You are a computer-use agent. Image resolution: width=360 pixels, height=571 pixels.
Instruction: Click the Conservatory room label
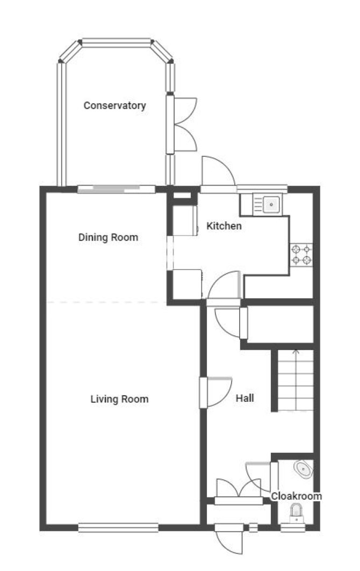(x=115, y=106)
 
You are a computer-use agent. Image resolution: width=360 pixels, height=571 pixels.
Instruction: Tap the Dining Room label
(x=108, y=237)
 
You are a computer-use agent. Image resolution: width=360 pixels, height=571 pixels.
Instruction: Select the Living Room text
(x=119, y=399)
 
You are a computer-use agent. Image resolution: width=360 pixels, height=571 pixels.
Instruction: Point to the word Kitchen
(x=224, y=226)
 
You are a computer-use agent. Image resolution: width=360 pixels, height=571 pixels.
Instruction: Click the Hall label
(x=245, y=398)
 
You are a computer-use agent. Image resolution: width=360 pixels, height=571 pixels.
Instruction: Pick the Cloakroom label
(x=297, y=496)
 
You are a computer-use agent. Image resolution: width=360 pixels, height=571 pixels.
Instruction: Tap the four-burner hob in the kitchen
(x=301, y=255)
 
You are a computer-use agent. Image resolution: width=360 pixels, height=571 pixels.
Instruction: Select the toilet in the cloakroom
(x=297, y=513)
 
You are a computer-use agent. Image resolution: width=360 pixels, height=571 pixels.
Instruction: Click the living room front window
(x=118, y=527)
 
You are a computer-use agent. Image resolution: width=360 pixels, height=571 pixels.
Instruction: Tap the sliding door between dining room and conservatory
(x=117, y=189)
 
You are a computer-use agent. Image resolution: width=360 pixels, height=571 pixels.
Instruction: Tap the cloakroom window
(x=293, y=527)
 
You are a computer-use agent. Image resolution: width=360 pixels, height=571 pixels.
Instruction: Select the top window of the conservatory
(x=117, y=42)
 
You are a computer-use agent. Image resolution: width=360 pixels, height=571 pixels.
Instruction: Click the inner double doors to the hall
(x=239, y=489)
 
